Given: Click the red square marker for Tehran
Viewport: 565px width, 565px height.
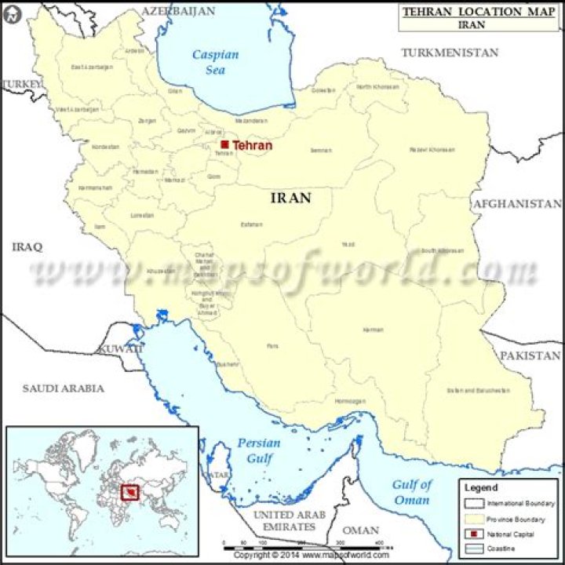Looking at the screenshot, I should click(x=224, y=145).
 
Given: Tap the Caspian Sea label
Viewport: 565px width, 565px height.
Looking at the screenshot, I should click(x=215, y=63).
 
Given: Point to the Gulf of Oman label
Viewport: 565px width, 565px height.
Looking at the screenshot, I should click(x=411, y=492).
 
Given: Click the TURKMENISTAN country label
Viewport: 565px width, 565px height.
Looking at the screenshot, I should click(x=450, y=53).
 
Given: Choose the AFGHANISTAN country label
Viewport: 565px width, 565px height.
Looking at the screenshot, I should click(x=516, y=204).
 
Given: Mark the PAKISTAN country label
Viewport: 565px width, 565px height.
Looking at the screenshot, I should click(x=530, y=355).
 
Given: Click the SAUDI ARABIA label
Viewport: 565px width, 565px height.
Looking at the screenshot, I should click(x=63, y=388).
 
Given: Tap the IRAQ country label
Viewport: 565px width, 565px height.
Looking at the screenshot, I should click(x=27, y=246).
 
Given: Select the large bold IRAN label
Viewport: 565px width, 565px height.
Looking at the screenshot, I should click(x=290, y=198).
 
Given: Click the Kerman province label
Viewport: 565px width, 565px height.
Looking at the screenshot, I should click(x=373, y=330).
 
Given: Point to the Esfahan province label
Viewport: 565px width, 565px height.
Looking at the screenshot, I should click(x=251, y=225).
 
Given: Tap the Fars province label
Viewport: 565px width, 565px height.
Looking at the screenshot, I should click(x=272, y=345).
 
